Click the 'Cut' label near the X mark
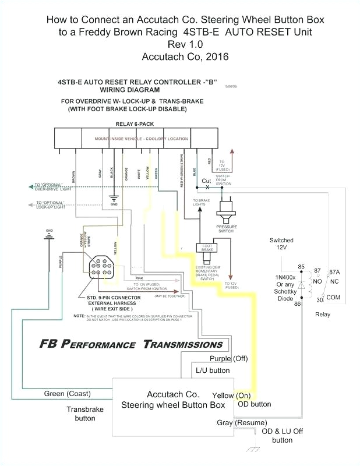(x=206, y=181)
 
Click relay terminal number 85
(x=301, y=267)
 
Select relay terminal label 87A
(x=336, y=271)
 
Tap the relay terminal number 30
(x=319, y=300)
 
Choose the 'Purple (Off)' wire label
(x=229, y=358)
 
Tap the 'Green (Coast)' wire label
(x=67, y=394)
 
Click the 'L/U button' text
(x=211, y=370)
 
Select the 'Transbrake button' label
(x=84, y=414)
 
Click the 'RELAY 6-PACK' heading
(x=134, y=124)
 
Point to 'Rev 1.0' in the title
(x=185, y=44)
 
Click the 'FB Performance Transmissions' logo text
(x=131, y=344)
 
